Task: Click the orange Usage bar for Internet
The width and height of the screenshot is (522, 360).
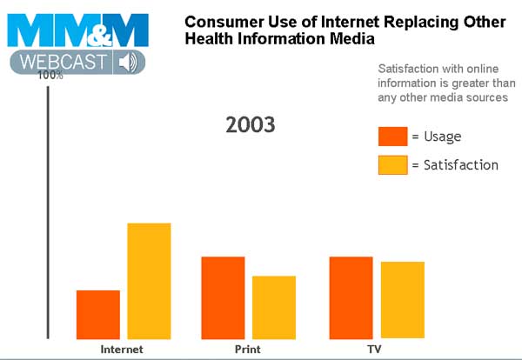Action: [x=98, y=314]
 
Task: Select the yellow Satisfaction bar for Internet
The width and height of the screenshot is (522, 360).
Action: [x=150, y=280]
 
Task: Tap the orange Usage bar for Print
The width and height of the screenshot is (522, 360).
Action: [x=224, y=297]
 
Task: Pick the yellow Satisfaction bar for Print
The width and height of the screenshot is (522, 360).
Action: [x=274, y=307]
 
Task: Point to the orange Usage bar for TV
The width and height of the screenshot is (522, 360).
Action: [x=351, y=297]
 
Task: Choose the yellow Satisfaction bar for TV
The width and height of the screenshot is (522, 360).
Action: [x=402, y=300]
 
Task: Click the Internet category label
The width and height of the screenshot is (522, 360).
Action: [x=123, y=350]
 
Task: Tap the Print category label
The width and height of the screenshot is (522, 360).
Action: [x=247, y=350]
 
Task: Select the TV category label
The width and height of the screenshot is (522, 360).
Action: [x=374, y=350]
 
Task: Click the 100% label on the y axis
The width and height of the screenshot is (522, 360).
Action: [x=50, y=76]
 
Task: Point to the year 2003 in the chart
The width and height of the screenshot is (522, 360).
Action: [x=251, y=124]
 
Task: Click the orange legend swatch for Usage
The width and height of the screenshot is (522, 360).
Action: [x=392, y=137]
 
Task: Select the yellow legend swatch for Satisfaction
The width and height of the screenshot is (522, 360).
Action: [x=392, y=164]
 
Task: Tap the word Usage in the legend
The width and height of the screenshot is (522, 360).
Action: [x=442, y=137]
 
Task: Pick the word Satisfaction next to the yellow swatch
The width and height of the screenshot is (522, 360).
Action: [x=460, y=164]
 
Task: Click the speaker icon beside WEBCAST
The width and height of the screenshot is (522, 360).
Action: [x=129, y=63]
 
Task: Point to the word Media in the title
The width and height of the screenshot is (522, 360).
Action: [x=354, y=40]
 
